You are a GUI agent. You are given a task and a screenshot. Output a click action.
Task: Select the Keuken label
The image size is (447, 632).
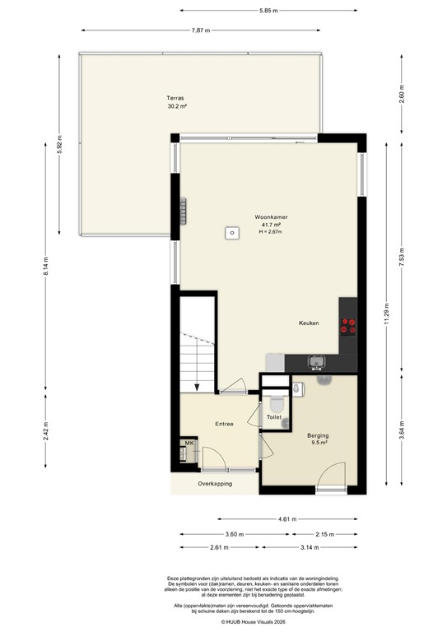[309, 323]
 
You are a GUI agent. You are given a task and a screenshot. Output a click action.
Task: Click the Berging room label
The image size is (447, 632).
[318, 435]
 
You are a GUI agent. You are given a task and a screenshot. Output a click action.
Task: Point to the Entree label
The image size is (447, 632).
[224, 425]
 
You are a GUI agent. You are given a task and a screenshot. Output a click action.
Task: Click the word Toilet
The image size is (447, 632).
[274, 418]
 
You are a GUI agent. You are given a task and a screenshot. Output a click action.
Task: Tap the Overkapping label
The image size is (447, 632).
[216, 484]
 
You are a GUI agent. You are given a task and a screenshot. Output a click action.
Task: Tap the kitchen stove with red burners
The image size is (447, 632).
[348, 326]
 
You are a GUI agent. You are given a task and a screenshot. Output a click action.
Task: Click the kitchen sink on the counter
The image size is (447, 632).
[315, 361]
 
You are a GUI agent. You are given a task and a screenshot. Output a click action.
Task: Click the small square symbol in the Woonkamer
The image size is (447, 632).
[233, 234]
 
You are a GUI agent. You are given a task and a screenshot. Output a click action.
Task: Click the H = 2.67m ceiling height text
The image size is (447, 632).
[270, 232]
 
